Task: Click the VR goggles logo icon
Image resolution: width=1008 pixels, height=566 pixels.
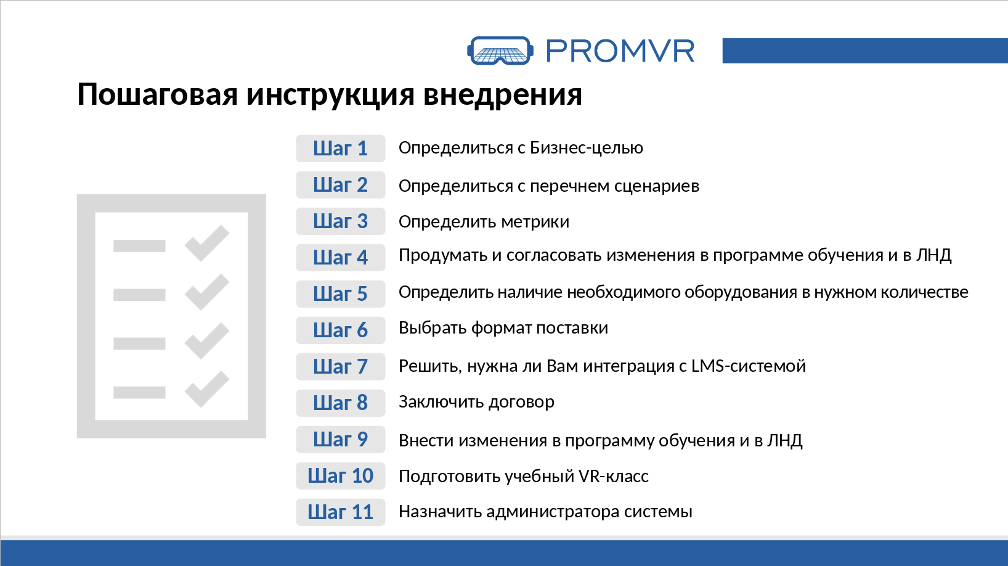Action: [x=500, y=51]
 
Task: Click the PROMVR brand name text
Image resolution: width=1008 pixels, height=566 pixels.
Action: [x=620, y=51]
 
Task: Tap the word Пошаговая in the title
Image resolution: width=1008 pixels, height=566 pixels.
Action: [x=158, y=94]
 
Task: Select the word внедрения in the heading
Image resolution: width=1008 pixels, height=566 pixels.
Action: [x=503, y=94]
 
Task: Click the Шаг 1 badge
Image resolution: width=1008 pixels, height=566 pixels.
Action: [x=340, y=148]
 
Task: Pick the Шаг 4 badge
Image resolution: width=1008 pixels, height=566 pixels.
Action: [x=340, y=258]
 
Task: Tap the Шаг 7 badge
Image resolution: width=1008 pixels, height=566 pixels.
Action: [x=340, y=366]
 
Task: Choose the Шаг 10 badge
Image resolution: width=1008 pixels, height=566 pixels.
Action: [x=340, y=475]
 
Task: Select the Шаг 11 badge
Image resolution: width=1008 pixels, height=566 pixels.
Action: [x=340, y=512]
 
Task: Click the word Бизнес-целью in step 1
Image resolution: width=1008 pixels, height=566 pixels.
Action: [x=587, y=148]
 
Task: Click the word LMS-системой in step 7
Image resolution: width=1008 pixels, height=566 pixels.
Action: [x=749, y=366]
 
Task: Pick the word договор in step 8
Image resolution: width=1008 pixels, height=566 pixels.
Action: [x=521, y=402]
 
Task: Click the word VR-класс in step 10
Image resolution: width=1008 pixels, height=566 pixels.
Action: [x=613, y=476]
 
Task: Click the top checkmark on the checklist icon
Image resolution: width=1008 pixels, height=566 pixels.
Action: [x=207, y=243]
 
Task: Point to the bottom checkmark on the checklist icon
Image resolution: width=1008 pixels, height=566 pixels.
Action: [x=207, y=390]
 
